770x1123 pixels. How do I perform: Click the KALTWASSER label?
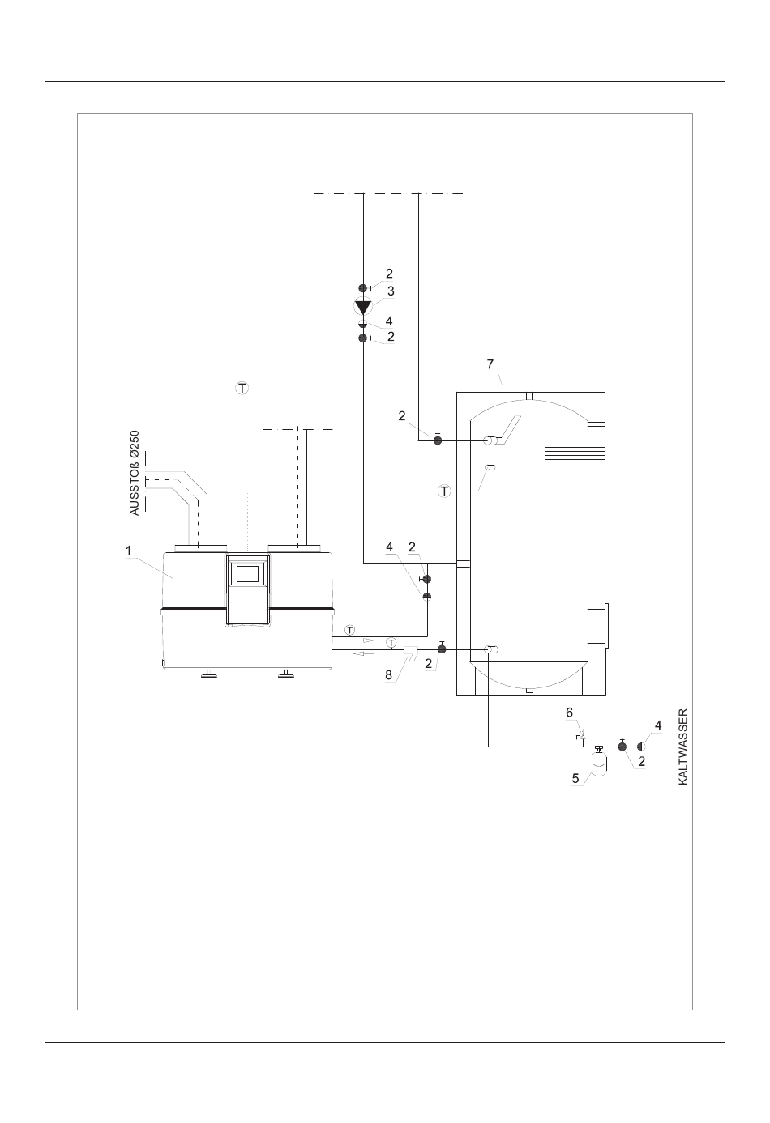click(682, 747)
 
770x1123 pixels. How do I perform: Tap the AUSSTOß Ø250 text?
click(134, 473)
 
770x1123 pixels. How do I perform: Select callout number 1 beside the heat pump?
click(128, 551)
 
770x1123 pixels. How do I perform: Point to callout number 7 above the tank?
click(490, 364)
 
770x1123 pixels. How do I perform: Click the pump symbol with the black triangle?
click(362, 307)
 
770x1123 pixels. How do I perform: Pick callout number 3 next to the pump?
click(391, 291)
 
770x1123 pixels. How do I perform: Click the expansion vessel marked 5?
click(598, 763)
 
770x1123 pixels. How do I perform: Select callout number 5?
click(575, 778)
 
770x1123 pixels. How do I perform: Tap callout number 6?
click(569, 713)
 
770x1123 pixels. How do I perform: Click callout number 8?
click(388, 675)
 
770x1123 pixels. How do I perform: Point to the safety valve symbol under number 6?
click(581, 736)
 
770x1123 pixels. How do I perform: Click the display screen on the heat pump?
click(247, 573)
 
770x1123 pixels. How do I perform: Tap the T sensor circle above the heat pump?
click(242, 388)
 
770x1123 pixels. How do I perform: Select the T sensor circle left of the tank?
click(444, 491)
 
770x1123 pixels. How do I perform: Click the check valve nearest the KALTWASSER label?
click(640, 747)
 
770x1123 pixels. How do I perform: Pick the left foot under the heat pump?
click(208, 675)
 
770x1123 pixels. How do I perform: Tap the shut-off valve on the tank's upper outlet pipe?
click(437, 440)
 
